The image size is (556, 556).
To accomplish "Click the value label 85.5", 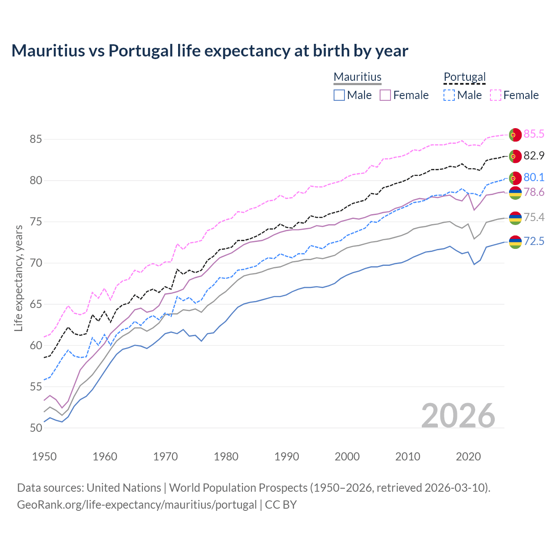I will [534, 134].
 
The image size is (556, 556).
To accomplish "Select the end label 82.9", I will [534, 156].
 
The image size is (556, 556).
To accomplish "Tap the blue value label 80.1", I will [534, 177].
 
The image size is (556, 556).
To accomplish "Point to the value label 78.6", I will [534, 192].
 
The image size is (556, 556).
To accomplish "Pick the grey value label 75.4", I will [534, 217].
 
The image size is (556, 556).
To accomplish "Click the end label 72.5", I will [534, 241].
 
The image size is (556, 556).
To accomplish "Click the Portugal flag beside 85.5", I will [515, 135].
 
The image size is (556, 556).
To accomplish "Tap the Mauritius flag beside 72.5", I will [515, 242].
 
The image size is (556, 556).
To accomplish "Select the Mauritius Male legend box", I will [339, 95].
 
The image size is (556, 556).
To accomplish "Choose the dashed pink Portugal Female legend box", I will [496, 95].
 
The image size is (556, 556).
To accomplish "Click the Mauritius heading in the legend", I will [357, 77].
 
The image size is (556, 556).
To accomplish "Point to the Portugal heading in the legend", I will [464, 77].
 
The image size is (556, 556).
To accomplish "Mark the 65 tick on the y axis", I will [36, 304].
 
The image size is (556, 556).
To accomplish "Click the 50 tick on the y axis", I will [36, 428].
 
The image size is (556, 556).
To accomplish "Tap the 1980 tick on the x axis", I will [226, 457].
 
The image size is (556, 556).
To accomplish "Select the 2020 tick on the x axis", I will [468, 457].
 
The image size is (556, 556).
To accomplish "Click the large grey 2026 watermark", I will [458, 416].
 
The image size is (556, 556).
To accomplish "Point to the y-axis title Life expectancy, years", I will [19, 278].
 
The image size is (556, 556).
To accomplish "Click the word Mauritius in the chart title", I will [48, 51].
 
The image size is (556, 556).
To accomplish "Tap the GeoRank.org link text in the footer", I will [136, 505].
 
